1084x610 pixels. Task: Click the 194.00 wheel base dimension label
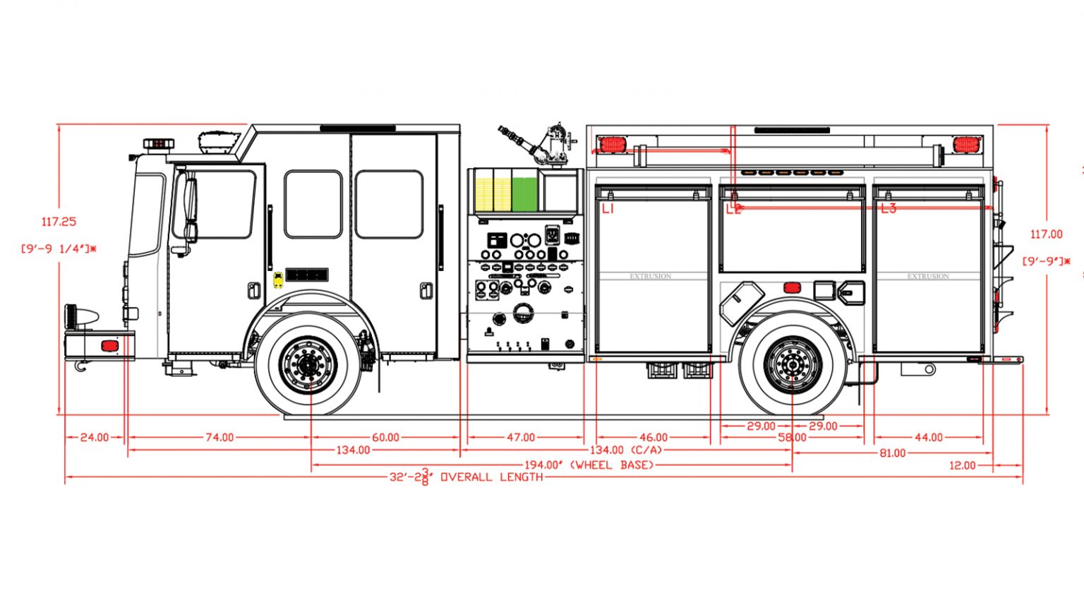click(x=589, y=465)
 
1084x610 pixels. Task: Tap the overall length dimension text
click(x=466, y=477)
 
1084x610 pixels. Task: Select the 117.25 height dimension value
click(x=59, y=222)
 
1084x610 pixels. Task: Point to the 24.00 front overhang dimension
click(x=94, y=438)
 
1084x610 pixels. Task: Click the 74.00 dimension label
click(x=219, y=438)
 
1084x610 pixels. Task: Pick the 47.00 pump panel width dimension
click(x=521, y=438)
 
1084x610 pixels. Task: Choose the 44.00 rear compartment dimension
click(x=928, y=438)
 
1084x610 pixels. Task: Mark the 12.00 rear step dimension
click(x=962, y=465)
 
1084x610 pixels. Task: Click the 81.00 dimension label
click(x=892, y=453)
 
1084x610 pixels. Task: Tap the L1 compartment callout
click(x=608, y=209)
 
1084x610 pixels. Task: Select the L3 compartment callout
click(x=888, y=209)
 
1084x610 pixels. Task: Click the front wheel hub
click(x=308, y=364)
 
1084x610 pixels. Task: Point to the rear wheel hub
click(x=793, y=364)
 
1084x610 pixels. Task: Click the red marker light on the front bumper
click(x=109, y=346)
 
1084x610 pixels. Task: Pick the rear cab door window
click(x=389, y=204)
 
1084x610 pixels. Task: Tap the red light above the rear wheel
click(x=792, y=287)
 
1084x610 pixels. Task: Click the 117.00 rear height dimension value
click(x=1046, y=234)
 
